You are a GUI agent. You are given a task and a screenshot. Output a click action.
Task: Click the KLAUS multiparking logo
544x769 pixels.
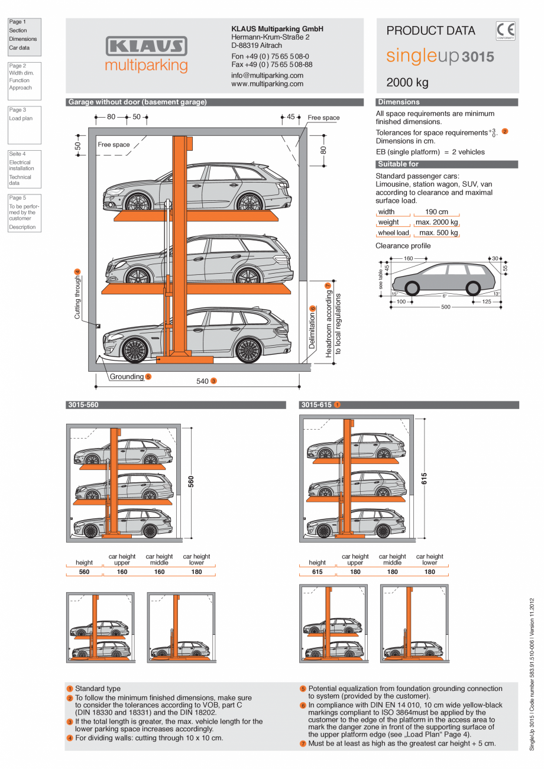click(x=146, y=54)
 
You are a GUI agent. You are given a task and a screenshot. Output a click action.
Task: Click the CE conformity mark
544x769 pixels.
click(x=506, y=31)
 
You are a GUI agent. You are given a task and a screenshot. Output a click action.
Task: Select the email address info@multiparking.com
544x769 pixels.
click(x=267, y=76)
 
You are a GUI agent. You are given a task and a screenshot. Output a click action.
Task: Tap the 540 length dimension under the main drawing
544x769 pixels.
click(x=203, y=381)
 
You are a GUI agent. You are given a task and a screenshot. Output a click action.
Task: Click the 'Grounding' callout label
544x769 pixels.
click(x=127, y=377)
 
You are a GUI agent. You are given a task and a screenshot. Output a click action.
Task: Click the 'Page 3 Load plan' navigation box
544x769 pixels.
click(x=24, y=124)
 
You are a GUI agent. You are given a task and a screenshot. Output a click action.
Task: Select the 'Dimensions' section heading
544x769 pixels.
click(x=399, y=102)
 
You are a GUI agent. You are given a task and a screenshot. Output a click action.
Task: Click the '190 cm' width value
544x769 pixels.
click(x=436, y=212)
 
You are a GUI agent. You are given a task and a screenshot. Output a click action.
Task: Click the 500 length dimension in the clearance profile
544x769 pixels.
click(x=445, y=307)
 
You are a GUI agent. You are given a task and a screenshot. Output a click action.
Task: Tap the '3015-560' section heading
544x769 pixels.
click(x=83, y=405)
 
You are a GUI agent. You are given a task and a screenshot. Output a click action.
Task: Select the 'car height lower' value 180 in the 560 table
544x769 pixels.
click(x=196, y=572)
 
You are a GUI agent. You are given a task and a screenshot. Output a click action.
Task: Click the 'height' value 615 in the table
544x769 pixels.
click(x=318, y=572)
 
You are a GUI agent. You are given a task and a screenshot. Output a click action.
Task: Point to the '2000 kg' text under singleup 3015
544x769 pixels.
click(x=407, y=82)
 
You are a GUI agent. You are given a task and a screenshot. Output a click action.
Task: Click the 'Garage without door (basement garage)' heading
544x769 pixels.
click(x=137, y=102)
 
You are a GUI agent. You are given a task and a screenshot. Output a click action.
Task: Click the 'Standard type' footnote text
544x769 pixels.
click(x=98, y=689)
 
